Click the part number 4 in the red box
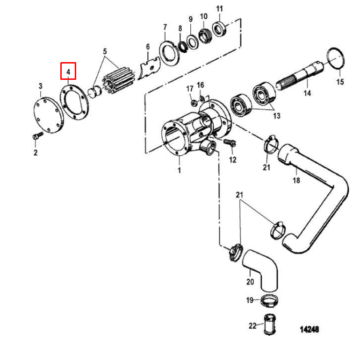pyautogui.click(x=68, y=72)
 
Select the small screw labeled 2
pyautogui.click(x=36, y=137)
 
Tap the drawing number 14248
pyautogui.click(x=309, y=329)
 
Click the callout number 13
pyautogui.click(x=277, y=115)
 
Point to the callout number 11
pyautogui.click(x=220, y=9)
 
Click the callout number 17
pyautogui.click(x=190, y=88)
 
